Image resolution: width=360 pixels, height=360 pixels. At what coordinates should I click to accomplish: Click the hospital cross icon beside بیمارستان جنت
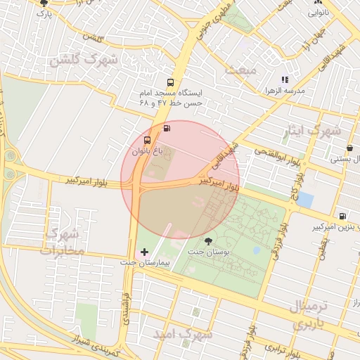coord(145,251)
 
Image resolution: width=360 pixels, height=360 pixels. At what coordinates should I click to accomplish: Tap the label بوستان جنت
coord(205,252)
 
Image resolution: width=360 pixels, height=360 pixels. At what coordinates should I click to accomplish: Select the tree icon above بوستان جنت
coord(207,240)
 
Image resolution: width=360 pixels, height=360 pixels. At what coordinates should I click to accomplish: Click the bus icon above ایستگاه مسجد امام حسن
coord(170,82)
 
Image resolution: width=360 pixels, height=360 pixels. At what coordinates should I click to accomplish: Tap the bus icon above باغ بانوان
coord(146,140)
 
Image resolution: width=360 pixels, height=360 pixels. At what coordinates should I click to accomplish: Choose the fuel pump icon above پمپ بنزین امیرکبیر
coord(342,217)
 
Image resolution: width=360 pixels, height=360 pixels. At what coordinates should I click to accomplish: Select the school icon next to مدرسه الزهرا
coord(285,80)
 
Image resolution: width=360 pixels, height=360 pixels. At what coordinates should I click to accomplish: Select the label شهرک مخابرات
coord(62,241)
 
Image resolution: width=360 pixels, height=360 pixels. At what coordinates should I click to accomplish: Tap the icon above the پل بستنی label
coord(349,148)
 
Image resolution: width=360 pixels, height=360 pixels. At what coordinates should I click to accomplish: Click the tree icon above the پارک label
coord(44,4)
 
